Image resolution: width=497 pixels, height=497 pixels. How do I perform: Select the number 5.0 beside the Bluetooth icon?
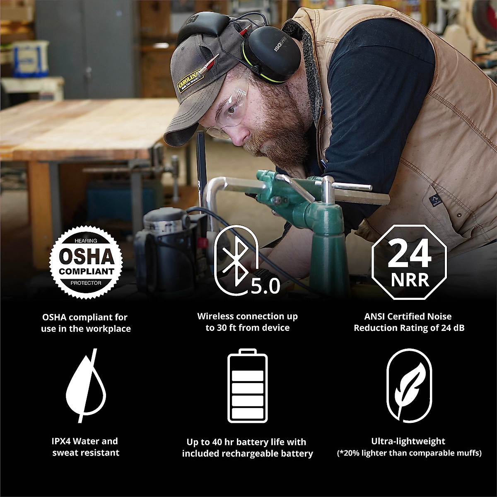click(265, 285)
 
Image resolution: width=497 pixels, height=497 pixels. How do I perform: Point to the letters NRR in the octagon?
click(409, 280)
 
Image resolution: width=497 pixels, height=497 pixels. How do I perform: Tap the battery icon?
click(247, 386)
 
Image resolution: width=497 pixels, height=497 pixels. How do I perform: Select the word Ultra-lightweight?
click(409, 441)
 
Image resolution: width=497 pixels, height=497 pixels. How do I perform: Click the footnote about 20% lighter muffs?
click(409, 453)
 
